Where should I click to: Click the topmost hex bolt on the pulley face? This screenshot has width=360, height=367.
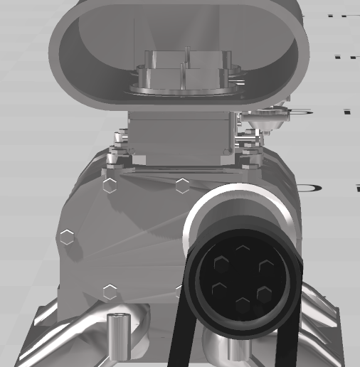click(x=243, y=250)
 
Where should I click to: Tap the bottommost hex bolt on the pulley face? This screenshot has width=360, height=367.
click(x=243, y=305)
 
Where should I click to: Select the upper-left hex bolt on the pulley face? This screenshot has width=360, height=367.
click(x=221, y=265)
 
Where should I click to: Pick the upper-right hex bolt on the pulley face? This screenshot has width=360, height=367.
click(x=266, y=266)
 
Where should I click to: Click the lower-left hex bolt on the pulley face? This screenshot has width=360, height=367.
click(x=220, y=289)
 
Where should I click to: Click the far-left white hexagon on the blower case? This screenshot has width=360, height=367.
click(x=67, y=238)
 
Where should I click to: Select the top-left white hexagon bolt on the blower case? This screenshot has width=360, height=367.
click(x=110, y=186)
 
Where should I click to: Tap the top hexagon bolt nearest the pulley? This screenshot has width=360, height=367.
click(x=183, y=186)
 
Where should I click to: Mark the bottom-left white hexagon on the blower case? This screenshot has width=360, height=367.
click(x=110, y=292)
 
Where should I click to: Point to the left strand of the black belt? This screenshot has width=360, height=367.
click(x=178, y=334)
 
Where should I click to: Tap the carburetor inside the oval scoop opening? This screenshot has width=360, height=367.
click(x=186, y=72)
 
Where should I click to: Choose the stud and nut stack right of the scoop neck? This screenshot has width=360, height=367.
click(x=248, y=146)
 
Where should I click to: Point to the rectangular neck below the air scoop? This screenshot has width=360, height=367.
click(x=181, y=135)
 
